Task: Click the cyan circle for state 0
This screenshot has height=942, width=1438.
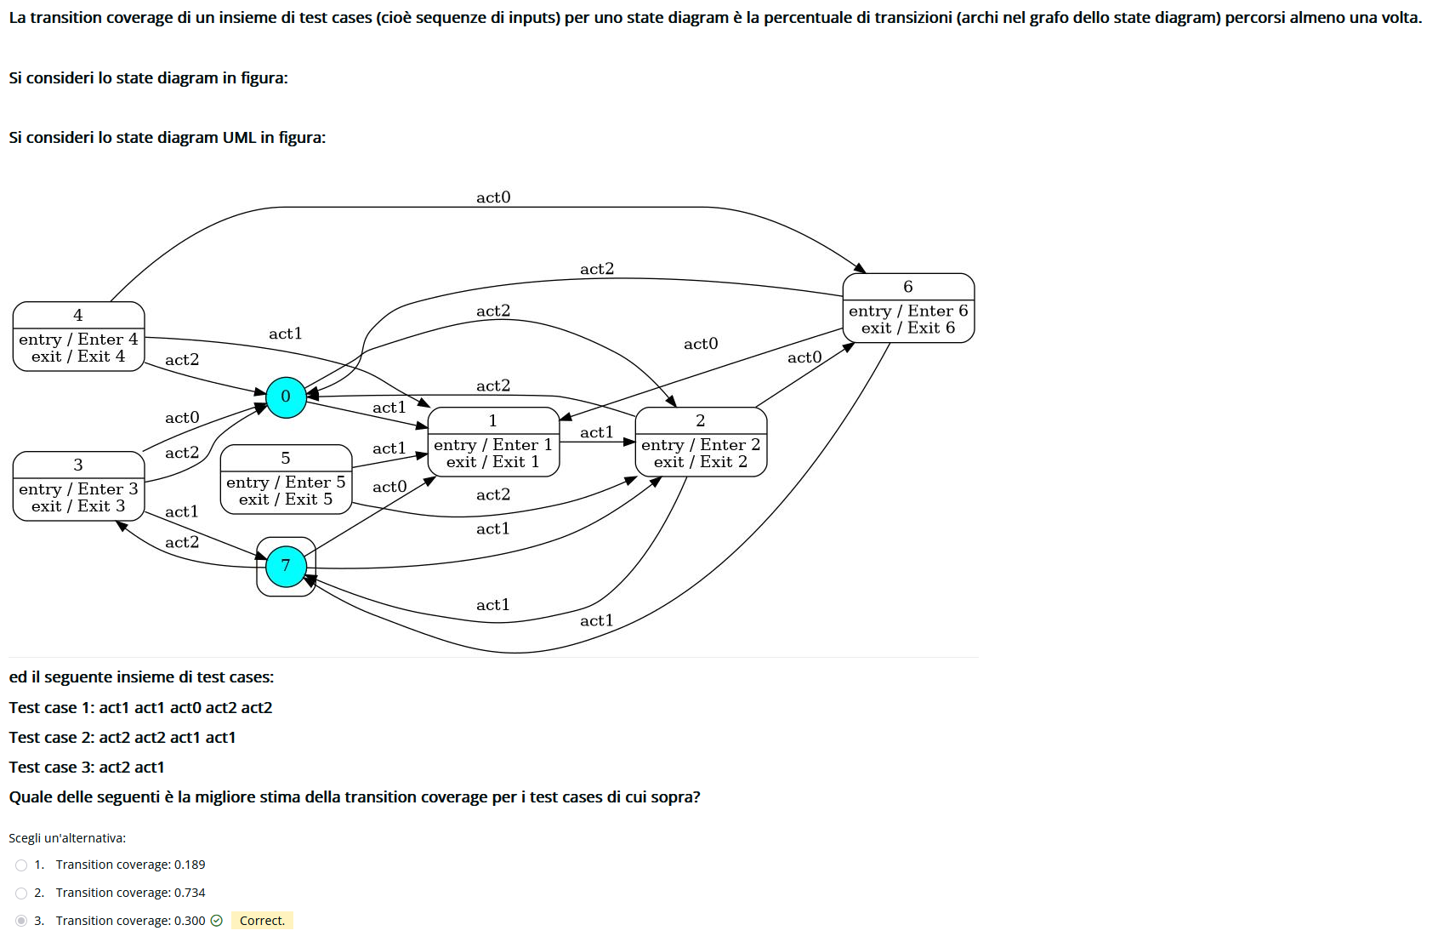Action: click(x=286, y=397)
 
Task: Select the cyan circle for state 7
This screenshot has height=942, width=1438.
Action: click(x=286, y=566)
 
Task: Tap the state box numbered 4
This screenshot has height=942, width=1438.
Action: click(x=78, y=336)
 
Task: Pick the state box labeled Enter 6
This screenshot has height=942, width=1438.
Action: click(x=908, y=308)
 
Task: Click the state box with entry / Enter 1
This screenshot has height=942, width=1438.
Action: click(x=493, y=442)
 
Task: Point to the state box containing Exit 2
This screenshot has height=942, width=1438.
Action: click(x=701, y=442)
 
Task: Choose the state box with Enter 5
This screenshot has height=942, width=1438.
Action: click(x=286, y=479)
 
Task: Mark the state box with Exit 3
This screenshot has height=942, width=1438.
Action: click(x=78, y=486)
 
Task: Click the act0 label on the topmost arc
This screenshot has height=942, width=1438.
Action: click(x=493, y=197)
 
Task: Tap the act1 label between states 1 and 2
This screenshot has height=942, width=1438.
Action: click(x=597, y=432)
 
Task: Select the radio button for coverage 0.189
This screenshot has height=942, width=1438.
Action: click(x=21, y=865)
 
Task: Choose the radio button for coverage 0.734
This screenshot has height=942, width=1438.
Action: click(x=21, y=893)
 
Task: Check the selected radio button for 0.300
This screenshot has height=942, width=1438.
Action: click(x=21, y=921)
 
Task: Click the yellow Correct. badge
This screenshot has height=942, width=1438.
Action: click(x=262, y=921)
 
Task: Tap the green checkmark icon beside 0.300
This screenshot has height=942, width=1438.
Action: click(x=217, y=921)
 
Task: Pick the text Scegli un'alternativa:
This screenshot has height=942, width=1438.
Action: click(x=67, y=838)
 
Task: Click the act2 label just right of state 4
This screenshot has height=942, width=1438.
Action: click(x=182, y=360)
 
